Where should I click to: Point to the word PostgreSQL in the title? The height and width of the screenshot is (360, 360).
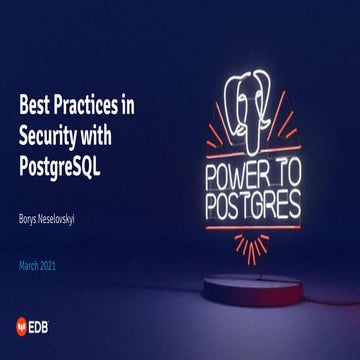[61, 160]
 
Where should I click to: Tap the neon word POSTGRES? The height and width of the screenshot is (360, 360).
[254, 206]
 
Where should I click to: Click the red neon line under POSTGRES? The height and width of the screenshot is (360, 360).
[254, 228]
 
